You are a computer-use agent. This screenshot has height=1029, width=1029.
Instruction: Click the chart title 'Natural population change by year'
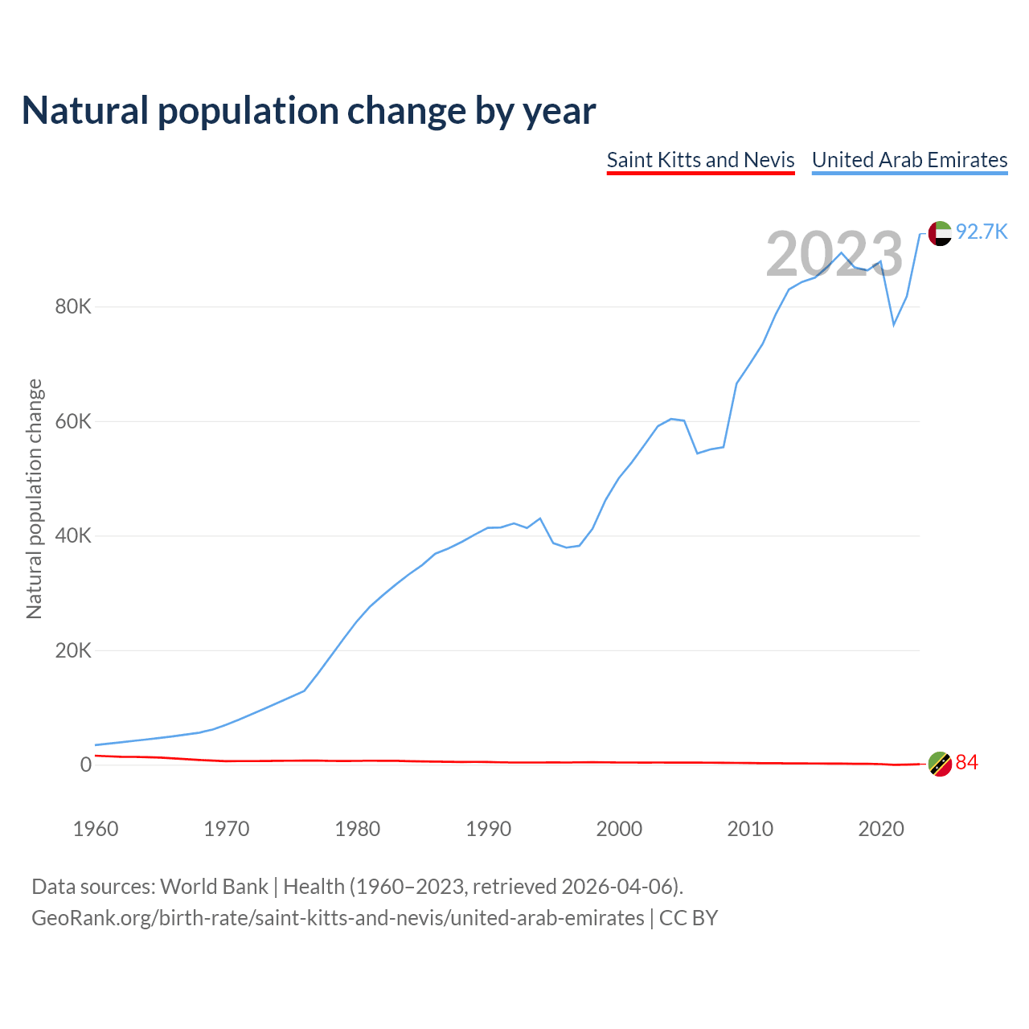(309, 111)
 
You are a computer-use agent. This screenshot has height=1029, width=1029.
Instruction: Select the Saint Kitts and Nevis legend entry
(700, 160)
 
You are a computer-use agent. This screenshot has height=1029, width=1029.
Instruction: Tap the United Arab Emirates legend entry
(909, 160)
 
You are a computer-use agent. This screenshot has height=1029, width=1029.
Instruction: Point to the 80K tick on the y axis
(73, 307)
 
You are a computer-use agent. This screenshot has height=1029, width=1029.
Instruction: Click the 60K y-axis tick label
(73, 421)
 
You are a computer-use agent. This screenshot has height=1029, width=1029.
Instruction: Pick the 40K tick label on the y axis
(73, 536)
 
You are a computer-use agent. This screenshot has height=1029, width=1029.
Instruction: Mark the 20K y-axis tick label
(73, 650)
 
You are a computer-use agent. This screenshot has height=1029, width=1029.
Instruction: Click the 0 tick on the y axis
(85, 765)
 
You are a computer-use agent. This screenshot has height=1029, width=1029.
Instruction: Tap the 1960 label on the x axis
(96, 829)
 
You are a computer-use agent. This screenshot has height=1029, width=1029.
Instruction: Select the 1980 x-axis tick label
(358, 829)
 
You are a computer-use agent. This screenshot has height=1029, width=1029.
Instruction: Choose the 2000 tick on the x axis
(619, 829)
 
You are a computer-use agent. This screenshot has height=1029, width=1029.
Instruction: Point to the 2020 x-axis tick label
(881, 829)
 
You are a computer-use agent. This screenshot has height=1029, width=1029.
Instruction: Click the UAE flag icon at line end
(940, 233)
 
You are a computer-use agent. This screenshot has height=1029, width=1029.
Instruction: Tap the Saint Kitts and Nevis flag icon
(940, 764)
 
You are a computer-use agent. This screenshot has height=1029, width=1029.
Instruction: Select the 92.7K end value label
(982, 232)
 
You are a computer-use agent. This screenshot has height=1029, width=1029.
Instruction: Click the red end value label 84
(966, 763)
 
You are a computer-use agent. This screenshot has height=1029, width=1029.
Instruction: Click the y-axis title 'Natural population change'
(34, 499)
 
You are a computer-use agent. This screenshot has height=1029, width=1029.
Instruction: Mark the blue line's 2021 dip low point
(894, 325)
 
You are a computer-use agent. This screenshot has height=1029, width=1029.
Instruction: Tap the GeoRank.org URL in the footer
(338, 918)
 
